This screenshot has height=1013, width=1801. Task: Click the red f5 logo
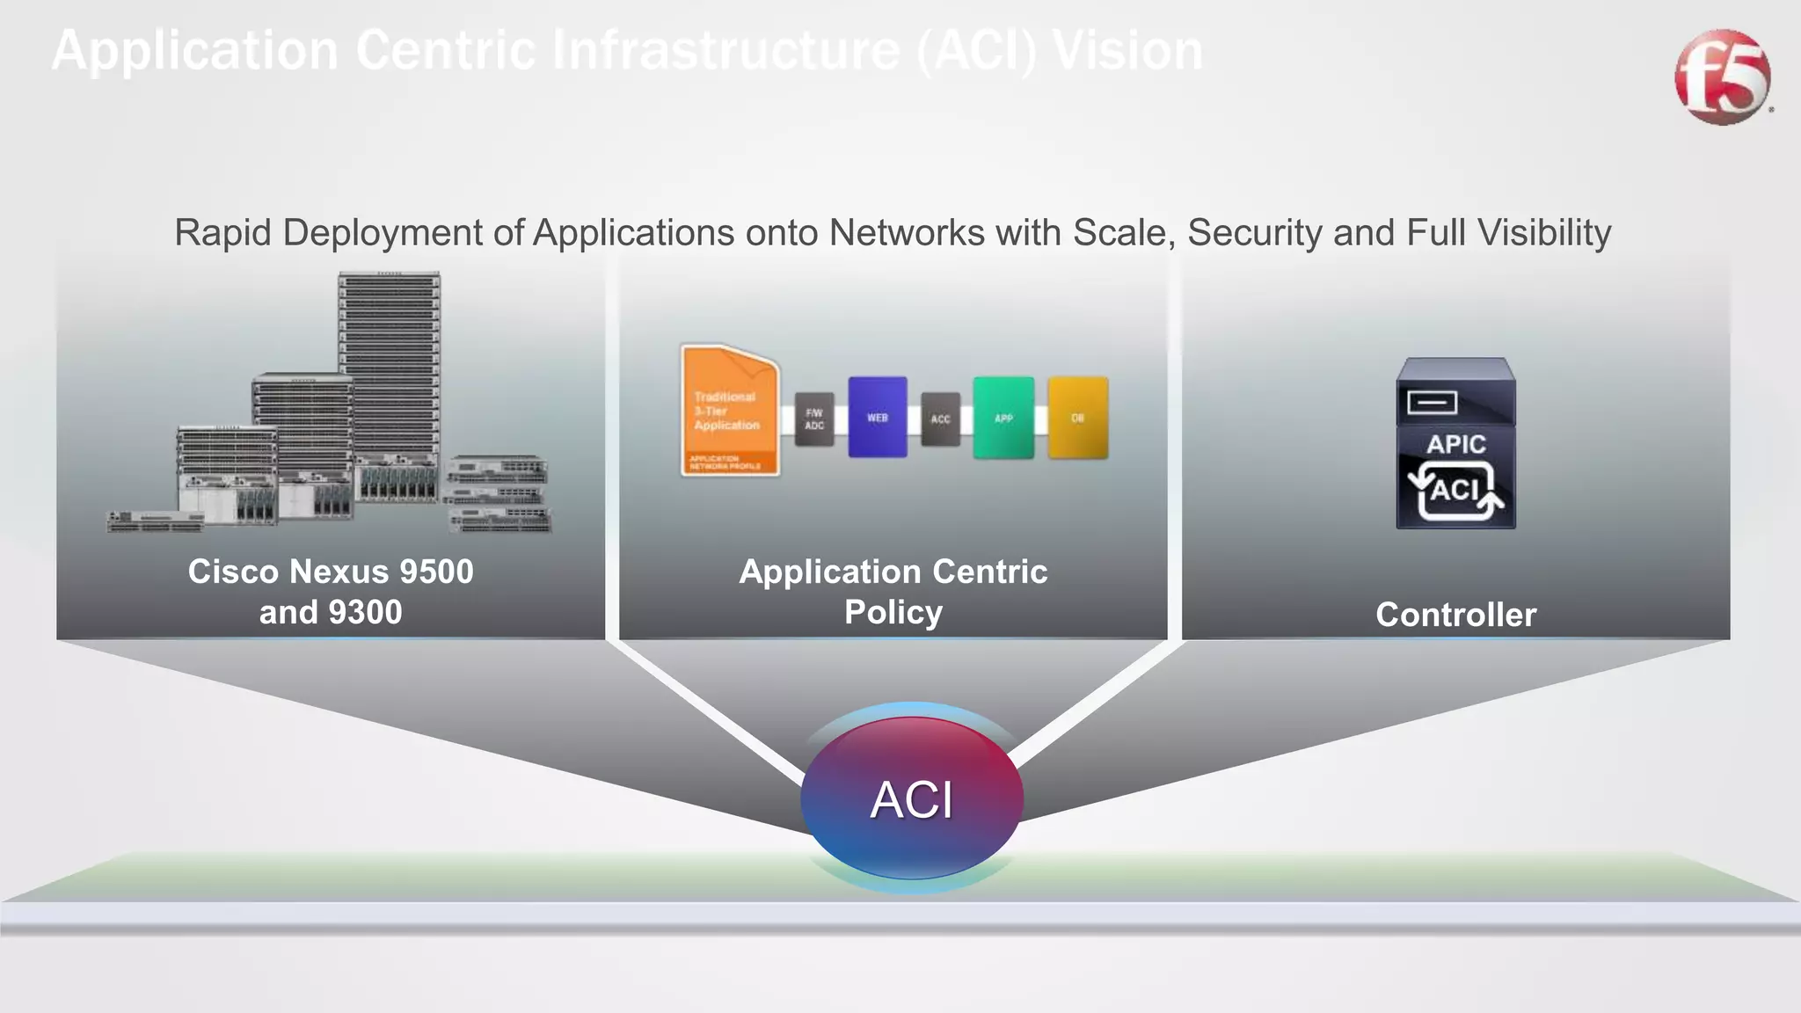pyautogui.click(x=1722, y=77)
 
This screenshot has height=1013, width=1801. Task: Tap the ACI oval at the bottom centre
pyautogui.click(x=912, y=798)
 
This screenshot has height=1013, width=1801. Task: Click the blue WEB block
pyautogui.click(x=877, y=418)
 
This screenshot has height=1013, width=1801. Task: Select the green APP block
pyautogui.click(x=1003, y=418)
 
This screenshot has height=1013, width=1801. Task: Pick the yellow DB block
pyautogui.click(x=1077, y=418)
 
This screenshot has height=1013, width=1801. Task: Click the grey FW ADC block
pyautogui.click(x=814, y=419)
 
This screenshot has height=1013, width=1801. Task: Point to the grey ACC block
pyautogui.click(x=940, y=419)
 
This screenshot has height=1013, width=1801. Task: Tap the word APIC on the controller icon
pyautogui.click(x=1455, y=444)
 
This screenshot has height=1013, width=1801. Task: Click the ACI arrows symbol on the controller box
pyautogui.click(x=1455, y=491)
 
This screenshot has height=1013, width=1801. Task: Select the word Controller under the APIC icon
pyautogui.click(x=1455, y=615)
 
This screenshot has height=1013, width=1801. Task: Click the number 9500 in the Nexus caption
pyautogui.click(x=436, y=572)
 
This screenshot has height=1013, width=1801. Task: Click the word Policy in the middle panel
pyautogui.click(x=893, y=612)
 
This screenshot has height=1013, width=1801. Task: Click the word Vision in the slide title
pyautogui.click(x=1127, y=50)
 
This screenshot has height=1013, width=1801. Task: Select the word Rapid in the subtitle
pyautogui.click(x=223, y=233)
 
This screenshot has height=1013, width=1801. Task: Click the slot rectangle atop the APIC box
pyautogui.click(x=1432, y=403)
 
